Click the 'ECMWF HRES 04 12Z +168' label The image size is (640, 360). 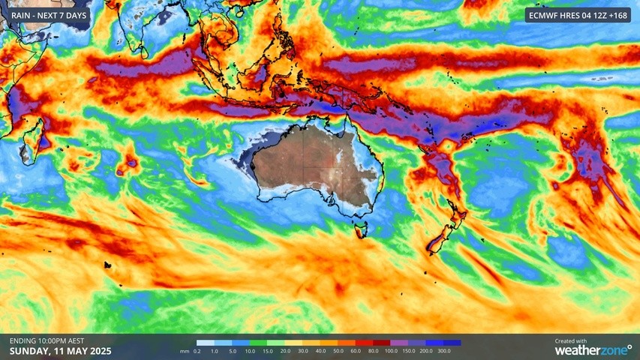[x=578, y=15]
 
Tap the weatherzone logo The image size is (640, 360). [x=593, y=349]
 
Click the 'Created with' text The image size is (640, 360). [x=572, y=340]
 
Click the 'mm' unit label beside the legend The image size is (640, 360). [x=184, y=351]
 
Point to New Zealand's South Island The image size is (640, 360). [x=437, y=238]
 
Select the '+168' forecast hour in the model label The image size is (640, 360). [x=617, y=15]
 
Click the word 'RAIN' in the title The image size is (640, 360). [x=23, y=15]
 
